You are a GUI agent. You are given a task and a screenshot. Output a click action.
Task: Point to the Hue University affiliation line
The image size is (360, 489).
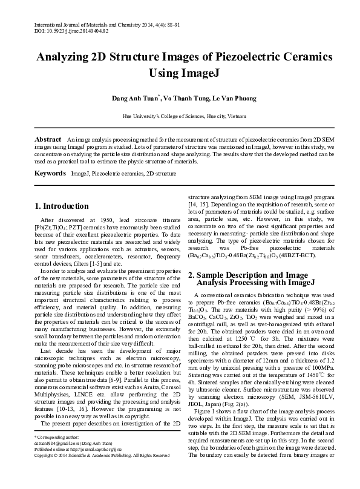coord(180,114)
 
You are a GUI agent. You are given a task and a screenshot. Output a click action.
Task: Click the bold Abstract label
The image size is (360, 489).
coord(48,139)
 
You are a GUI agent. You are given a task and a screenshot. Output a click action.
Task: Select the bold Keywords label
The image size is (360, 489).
coord(49,173)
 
